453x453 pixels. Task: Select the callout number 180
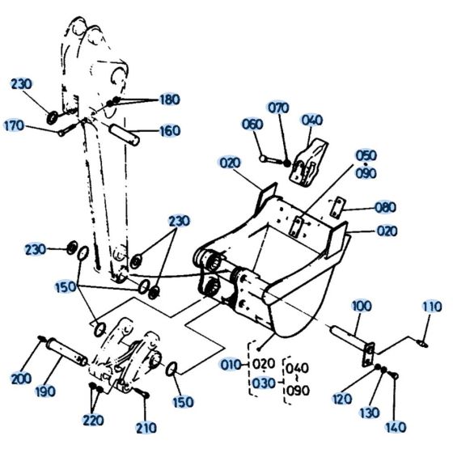(170, 99)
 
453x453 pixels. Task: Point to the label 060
(252, 124)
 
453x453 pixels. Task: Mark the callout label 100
(362, 307)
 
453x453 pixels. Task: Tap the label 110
(431, 306)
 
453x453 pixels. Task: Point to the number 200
(22, 379)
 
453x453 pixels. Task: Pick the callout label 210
(146, 427)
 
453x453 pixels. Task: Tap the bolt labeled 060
(272, 157)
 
